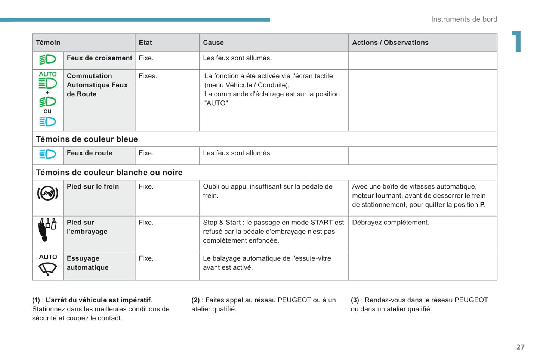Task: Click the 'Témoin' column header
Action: pyautogui.click(x=48, y=43)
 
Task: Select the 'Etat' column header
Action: pyautogui.click(x=145, y=43)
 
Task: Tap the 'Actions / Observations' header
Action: pyautogui.click(x=390, y=43)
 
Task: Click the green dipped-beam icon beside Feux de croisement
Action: pyautogui.click(x=48, y=60)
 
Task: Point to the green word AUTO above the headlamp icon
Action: pyautogui.click(x=48, y=74)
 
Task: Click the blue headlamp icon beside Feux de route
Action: pyautogui.click(x=48, y=154)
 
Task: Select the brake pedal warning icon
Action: pyautogui.click(x=48, y=193)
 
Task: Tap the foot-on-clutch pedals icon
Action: pyautogui.click(x=47, y=229)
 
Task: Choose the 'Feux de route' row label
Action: pyautogui.click(x=90, y=153)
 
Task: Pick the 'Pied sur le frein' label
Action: pyautogui.click(x=93, y=186)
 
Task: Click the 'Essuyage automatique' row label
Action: pyautogui.click(x=88, y=263)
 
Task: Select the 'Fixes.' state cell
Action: pyautogui.click(x=148, y=76)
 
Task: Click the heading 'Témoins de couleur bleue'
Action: pyautogui.click(x=87, y=139)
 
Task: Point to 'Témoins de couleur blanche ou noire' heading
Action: pyautogui.click(x=109, y=173)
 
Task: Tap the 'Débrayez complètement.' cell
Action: pyautogui.click(x=391, y=223)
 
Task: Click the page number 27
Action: pyautogui.click(x=521, y=347)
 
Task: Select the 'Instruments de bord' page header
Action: pyautogui.click(x=464, y=19)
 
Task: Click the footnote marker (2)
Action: pyautogui.click(x=195, y=300)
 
